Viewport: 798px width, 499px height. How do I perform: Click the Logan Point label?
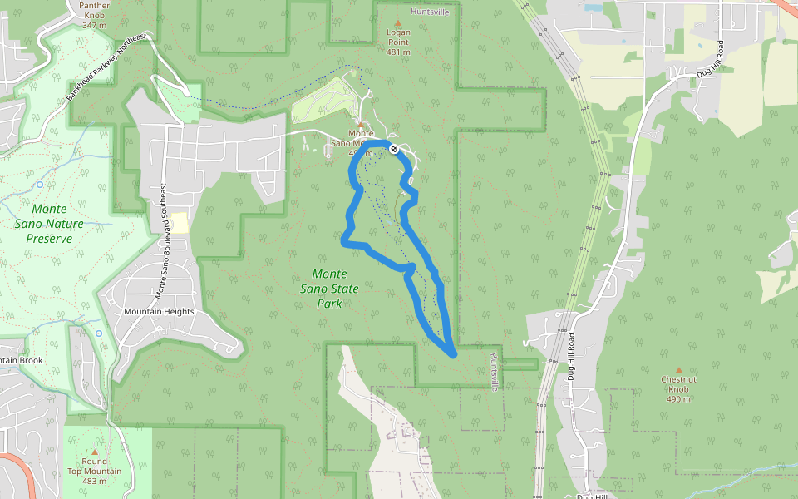click(x=398, y=32)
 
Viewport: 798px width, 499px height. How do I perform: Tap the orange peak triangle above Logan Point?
click(x=398, y=22)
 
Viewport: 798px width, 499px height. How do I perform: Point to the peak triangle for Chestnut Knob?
click(x=678, y=369)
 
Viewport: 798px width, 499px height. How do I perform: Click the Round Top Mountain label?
click(x=95, y=467)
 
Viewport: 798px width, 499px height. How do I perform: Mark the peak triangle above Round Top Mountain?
click(x=95, y=452)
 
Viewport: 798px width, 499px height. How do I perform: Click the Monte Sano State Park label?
click(x=330, y=288)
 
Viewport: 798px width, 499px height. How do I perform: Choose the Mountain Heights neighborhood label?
click(x=159, y=312)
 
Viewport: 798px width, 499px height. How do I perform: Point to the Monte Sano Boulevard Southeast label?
click(x=162, y=241)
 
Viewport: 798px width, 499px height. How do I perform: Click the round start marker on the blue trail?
click(x=393, y=149)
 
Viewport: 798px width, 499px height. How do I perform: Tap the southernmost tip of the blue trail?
click(x=454, y=355)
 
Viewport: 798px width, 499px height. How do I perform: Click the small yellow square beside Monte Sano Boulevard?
click(x=180, y=222)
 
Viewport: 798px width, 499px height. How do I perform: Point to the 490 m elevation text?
click(x=678, y=399)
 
